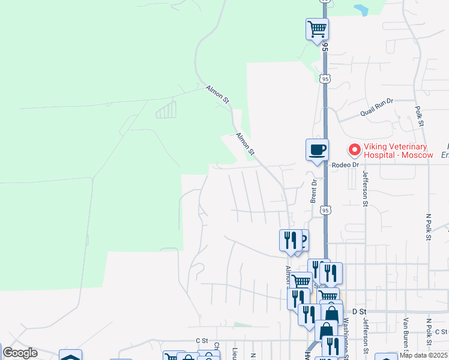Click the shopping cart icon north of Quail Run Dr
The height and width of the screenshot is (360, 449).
click(x=316, y=28)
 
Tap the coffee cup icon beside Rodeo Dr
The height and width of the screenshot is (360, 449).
click(x=317, y=149)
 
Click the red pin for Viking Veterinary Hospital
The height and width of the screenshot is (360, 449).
click(x=354, y=149)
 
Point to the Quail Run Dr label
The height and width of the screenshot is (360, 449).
click(x=376, y=106)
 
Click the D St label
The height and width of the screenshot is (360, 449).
click(x=359, y=311)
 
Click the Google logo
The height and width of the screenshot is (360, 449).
click(x=19, y=353)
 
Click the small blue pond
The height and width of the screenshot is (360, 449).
click(x=361, y=10)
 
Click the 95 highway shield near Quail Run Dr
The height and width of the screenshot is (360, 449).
click(x=325, y=79)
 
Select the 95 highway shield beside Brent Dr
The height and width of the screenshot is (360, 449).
click(x=325, y=210)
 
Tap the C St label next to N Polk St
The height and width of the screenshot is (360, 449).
click(x=441, y=331)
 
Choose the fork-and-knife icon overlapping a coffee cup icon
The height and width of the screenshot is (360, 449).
click(x=290, y=240)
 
